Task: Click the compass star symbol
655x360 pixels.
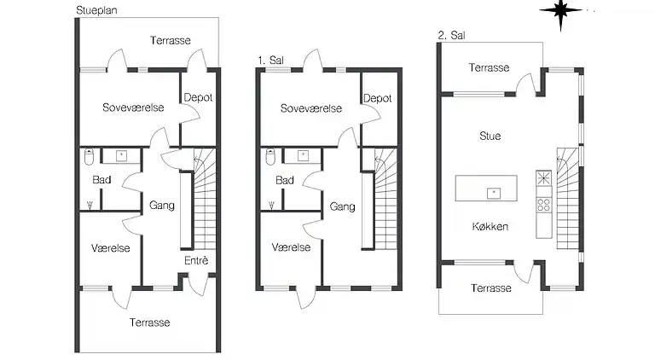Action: tap(560, 12)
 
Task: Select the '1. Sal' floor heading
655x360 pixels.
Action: tap(270, 61)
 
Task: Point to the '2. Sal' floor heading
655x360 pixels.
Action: tap(451, 36)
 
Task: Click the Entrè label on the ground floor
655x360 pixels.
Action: tap(196, 260)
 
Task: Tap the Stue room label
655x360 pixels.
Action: tap(490, 136)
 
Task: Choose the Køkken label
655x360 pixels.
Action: tap(490, 226)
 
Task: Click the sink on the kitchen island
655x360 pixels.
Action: tap(493, 192)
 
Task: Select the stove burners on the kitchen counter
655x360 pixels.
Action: tap(543, 205)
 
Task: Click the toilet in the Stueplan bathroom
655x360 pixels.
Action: tap(89, 157)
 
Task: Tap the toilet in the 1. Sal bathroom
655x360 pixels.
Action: tap(270, 157)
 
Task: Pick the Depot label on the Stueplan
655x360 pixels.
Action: tap(198, 98)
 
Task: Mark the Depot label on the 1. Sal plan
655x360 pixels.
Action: tap(377, 98)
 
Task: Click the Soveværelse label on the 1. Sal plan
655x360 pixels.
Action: tap(310, 108)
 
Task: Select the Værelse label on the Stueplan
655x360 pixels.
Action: tap(111, 247)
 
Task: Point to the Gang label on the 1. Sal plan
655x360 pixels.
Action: tap(342, 206)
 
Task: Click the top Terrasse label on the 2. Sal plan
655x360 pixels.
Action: tap(490, 67)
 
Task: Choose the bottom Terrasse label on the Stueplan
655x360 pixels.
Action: tap(149, 322)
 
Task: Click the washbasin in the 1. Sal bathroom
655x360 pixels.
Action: tap(303, 155)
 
